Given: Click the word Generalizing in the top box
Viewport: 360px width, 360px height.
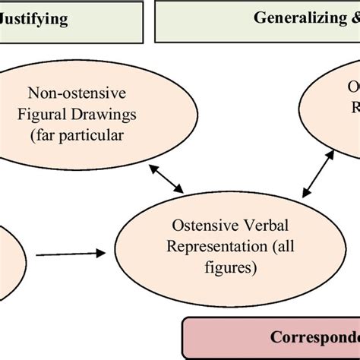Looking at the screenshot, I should coord(298,18).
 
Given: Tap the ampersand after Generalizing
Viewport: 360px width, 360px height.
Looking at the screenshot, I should coord(354,18).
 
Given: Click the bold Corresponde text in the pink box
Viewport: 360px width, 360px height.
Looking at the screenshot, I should coord(314,334).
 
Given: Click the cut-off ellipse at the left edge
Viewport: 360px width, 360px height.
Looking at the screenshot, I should coord(9,247).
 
